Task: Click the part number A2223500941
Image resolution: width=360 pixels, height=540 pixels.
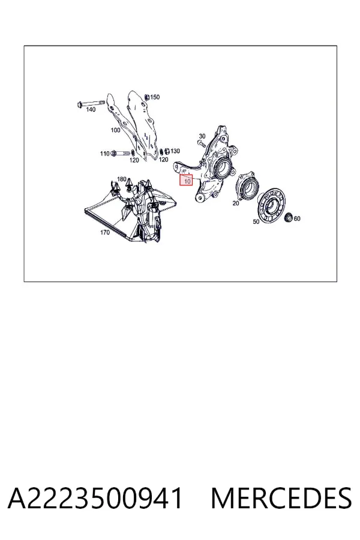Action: click(x=95, y=498)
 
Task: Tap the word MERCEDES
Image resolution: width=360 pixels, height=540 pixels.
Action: click(x=281, y=498)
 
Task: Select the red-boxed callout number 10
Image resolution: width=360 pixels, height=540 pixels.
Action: click(x=186, y=180)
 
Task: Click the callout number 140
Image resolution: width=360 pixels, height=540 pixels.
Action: click(x=91, y=110)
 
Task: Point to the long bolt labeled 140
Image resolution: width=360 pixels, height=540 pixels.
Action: click(x=91, y=103)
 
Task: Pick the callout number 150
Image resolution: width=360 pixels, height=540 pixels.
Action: click(x=155, y=97)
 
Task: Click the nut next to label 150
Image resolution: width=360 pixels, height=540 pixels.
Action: click(x=146, y=97)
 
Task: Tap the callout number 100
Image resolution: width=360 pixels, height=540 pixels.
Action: click(x=115, y=130)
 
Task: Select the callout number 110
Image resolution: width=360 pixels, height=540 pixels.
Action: click(x=105, y=153)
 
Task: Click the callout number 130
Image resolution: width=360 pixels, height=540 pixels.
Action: click(x=175, y=151)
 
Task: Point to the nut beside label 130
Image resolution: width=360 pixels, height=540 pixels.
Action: click(x=166, y=151)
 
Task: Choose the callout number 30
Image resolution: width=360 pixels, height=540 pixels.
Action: click(x=202, y=136)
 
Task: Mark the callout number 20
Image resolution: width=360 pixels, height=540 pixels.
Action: click(x=236, y=203)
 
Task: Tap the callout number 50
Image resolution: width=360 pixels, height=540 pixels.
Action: click(x=256, y=221)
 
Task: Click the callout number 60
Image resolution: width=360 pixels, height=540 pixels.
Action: click(x=297, y=218)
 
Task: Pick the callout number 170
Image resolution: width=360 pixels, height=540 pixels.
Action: click(x=105, y=232)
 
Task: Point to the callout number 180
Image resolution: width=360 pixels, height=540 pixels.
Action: click(x=122, y=179)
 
